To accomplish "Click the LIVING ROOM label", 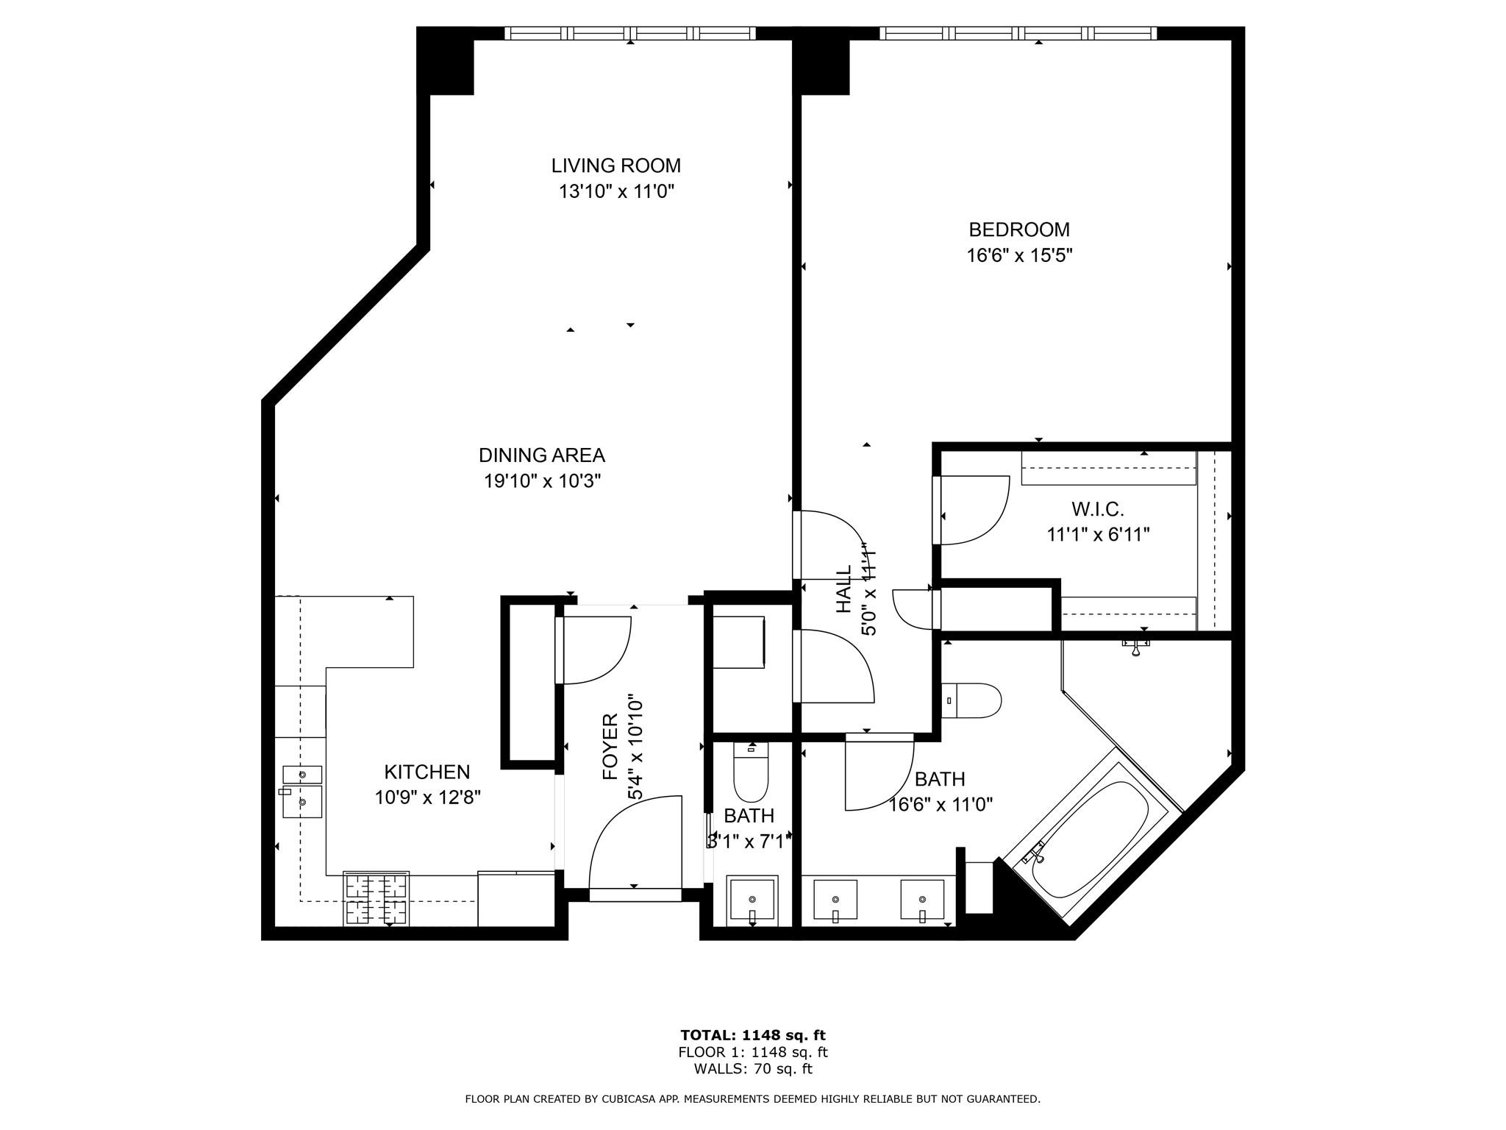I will click(x=615, y=166).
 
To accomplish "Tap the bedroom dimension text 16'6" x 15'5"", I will click(x=1018, y=256).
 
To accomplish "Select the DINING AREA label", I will click(x=541, y=455).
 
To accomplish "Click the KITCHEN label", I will click(x=427, y=772).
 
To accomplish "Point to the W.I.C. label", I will click(x=1097, y=509).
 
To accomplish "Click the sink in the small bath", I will click(x=752, y=900).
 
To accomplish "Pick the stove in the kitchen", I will click(x=376, y=899).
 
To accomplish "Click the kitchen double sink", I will click(x=302, y=792).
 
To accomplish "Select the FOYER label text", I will click(x=610, y=747).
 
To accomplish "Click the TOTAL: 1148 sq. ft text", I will click(x=752, y=1035).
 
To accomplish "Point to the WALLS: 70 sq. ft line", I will click(x=752, y=1069).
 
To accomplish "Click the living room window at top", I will click(x=630, y=33).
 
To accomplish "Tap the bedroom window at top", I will click(x=1018, y=33).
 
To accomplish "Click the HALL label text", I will click(x=843, y=589).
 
